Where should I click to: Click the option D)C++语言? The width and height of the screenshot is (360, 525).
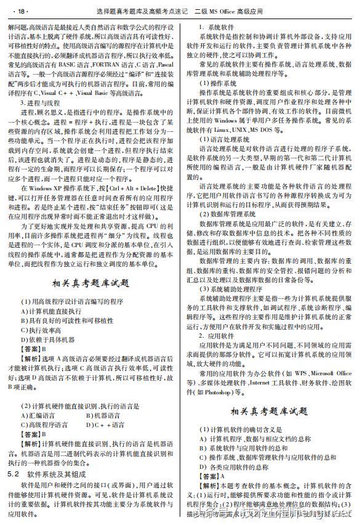coord(106,424)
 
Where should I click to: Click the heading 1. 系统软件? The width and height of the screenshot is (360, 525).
coord(219,28)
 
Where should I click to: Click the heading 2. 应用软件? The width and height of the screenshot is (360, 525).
coord(219,335)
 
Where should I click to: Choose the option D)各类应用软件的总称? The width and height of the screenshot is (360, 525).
coord(236,467)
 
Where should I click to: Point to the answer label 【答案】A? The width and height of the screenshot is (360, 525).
coord(212,476)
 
